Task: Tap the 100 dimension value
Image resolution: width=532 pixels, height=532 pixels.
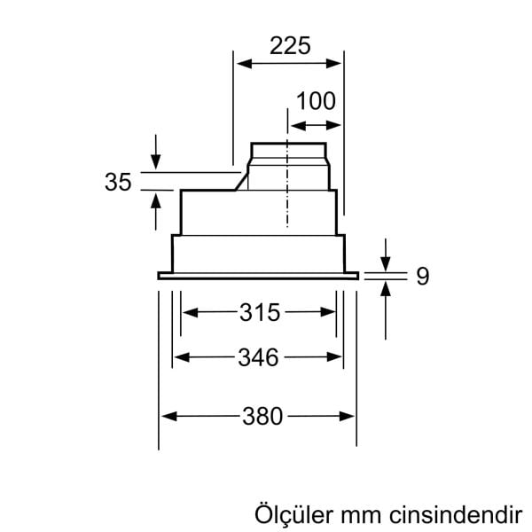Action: pos(316,100)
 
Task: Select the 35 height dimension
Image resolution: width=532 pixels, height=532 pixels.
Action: pos(117,182)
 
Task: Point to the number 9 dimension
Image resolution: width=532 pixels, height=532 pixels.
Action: pos(422,277)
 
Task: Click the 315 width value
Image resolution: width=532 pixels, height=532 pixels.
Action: pos(259,312)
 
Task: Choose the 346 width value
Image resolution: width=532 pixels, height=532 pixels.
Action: pos(258,357)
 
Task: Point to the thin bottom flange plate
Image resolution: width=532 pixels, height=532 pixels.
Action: pos(258,276)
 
